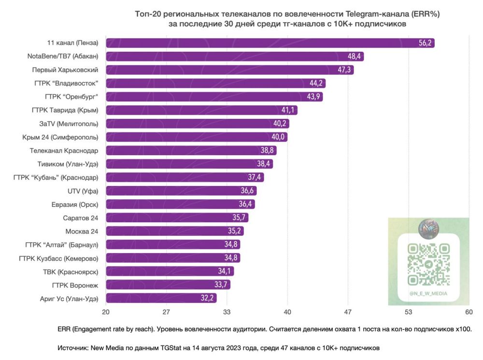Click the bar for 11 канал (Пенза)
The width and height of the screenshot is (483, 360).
point(270,43)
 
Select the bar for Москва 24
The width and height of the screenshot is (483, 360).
point(174,230)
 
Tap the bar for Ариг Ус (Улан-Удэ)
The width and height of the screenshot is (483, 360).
point(161,298)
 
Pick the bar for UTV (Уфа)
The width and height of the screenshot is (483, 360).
point(181,190)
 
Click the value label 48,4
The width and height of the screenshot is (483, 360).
point(355,56)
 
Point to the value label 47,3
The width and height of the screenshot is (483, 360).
point(345,70)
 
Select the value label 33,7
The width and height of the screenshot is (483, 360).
point(222,285)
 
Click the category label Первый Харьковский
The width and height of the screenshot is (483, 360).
point(69,70)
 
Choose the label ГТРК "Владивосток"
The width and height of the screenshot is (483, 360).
point(66,83)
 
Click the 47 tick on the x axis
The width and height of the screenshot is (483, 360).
point(348,312)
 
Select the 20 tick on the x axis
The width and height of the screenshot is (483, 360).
point(106,312)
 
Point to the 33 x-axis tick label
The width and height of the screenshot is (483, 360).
point(227,312)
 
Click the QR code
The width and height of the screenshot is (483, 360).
point(428,264)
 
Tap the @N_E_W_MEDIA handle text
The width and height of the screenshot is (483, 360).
point(428,293)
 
